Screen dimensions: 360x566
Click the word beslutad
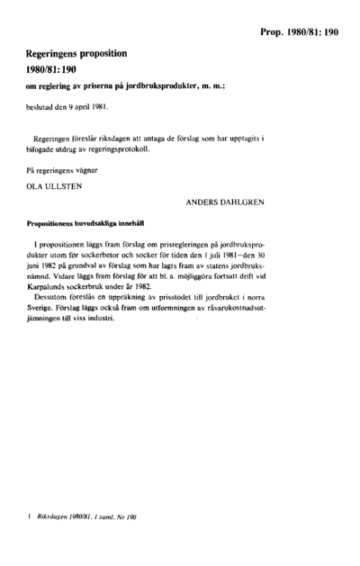[x=41, y=105]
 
